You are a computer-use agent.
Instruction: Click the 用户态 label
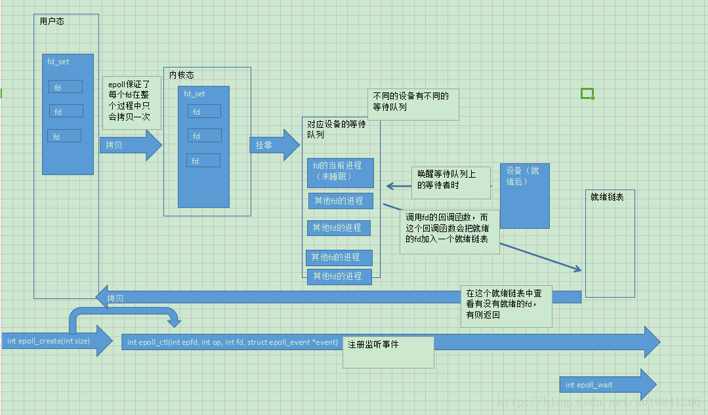point(52,22)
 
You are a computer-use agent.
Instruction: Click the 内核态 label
point(182,75)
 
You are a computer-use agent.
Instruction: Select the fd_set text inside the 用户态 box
point(58,62)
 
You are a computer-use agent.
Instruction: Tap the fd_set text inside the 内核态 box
point(194,94)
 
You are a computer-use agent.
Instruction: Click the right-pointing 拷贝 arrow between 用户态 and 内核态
point(130,145)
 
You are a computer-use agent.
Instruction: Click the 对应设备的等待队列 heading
point(336,129)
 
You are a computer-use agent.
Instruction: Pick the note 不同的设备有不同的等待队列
point(411,102)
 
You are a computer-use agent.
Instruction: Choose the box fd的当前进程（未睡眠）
point(340,172)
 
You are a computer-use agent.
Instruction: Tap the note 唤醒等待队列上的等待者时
point(451,180)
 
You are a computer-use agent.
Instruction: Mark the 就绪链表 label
point(607,197)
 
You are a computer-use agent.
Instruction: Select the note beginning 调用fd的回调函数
point(450,228)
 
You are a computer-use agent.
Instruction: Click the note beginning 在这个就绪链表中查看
point(505,304)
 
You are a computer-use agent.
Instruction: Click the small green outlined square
point(587,94)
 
